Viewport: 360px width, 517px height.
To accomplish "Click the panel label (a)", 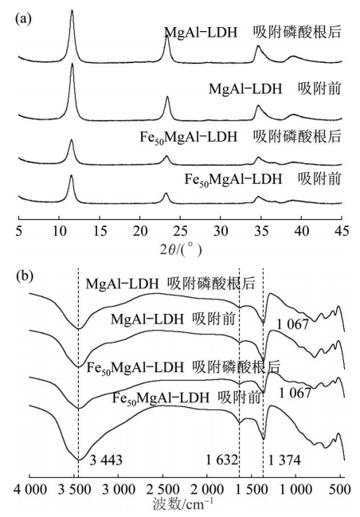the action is (23, 19).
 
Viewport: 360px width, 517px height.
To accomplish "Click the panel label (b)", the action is (25, 276).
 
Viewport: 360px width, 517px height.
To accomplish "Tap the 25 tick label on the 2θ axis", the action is (180, 232).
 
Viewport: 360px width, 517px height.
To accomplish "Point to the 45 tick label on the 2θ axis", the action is (342, 232).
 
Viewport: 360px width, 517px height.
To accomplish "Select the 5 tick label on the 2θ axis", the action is (19, 232).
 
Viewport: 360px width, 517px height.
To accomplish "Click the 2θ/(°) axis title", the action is (180, 251).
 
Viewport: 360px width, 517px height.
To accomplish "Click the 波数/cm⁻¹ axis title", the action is (183, 504).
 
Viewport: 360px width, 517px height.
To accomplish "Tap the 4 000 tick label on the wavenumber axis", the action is (30, 490).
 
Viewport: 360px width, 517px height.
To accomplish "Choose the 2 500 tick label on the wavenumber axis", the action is (162, 490).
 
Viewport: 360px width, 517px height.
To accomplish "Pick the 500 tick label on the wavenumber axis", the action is (339, 490).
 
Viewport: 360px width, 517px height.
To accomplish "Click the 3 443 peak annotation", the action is (106, 460).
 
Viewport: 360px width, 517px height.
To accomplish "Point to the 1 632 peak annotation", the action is (222, 460).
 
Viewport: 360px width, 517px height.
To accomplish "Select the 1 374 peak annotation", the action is (285, 460).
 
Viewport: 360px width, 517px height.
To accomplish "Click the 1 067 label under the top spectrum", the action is (293, 325).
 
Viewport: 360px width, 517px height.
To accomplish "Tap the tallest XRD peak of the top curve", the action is (72, 11).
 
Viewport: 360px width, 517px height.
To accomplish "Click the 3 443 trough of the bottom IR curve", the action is (79, 459).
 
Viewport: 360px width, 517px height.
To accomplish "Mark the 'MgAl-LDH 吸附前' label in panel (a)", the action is (275, 89).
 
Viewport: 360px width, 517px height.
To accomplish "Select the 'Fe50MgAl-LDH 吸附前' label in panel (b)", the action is (187, 398).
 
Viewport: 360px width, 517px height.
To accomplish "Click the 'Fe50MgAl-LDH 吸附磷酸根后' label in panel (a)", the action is (241, 137).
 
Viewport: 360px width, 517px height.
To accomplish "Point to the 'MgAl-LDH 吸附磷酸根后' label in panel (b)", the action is (170, 284).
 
